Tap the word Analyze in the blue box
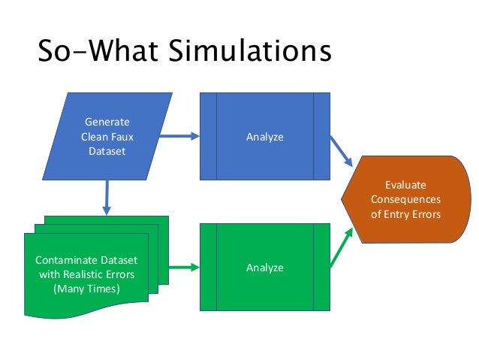264,137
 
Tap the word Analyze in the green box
264,267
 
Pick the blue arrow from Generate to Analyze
179,136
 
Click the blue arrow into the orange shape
342,152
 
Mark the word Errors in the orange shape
424,213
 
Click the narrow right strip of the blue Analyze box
321,136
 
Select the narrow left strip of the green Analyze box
208,267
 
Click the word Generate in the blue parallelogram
107,122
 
